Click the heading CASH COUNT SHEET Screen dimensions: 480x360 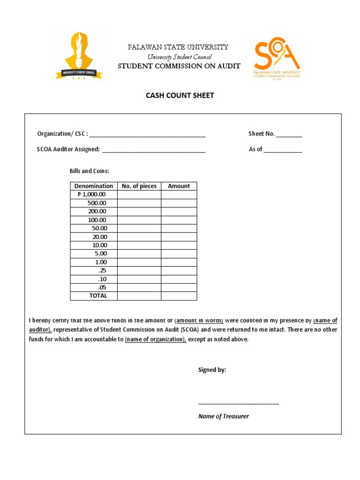pos(180,95)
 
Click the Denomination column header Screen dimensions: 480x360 pos(94,186)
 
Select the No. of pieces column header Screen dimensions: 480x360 pos(139,186)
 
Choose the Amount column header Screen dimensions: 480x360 pos(179,186)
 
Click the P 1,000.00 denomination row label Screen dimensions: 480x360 pos(92,195)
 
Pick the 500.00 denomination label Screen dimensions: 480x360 pos(97,203)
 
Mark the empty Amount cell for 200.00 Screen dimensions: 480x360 pos(179,211)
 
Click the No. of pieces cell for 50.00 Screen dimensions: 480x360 pos(139,228)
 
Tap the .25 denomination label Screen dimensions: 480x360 pos(102,270)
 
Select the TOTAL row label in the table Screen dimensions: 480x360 pos(98,296)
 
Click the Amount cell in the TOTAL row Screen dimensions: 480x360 pos(179,296)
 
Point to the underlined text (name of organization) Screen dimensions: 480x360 pos(156,339)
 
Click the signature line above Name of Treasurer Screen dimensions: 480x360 pos(239,403)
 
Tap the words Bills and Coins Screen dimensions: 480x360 pos(89,171)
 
